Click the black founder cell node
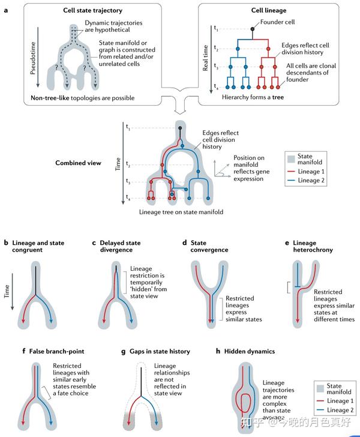point(254,29)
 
